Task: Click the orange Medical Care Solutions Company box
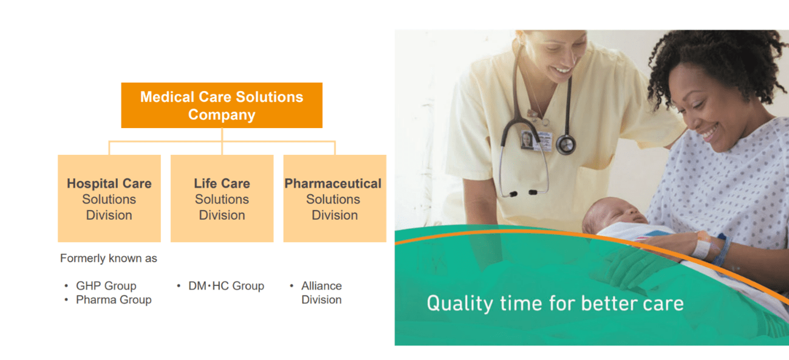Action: [x=222, y=105]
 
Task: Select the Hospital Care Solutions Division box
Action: [x=109, y=199]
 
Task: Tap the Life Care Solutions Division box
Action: [x=222, y=199]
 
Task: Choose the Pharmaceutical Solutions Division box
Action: [x=334, y=199]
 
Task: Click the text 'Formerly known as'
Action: [x=108, y=259]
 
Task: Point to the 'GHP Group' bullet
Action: [x=106, y=286]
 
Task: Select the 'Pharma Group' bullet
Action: [x=113, y=300]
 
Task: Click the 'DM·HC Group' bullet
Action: [x=226, y=286]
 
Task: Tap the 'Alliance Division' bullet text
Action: [x=321, y=293]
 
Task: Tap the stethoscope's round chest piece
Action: [x=565, y=144]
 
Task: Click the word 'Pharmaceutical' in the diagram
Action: [x=333, y=183]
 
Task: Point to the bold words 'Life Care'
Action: [x=222, y=183]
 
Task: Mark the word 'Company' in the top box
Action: [x=222, y=115]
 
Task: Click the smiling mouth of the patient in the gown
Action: [x=708, y=130]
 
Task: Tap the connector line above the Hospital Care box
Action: [x=109, y=148]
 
